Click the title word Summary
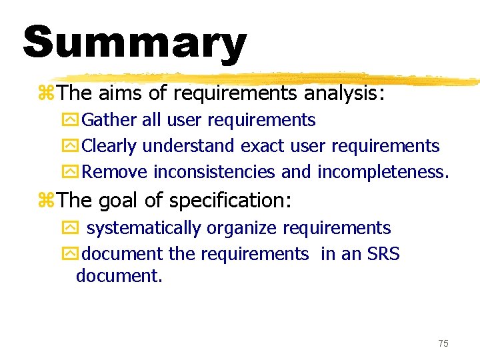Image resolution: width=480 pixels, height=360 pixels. tap(134, 42)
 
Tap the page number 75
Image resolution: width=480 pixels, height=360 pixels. tap(443, 343)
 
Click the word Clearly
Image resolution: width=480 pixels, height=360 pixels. tap(109, 146)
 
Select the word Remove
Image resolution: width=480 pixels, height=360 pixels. tap(115, 172)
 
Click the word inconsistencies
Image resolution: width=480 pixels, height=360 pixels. tap(214, 172)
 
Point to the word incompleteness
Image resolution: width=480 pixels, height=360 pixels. tap(383, 172)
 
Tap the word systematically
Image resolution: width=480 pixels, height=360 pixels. tap(143, 228)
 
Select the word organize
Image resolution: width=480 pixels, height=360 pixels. tap(241, 228)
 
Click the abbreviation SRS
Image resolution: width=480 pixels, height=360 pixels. tap(382, 254)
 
